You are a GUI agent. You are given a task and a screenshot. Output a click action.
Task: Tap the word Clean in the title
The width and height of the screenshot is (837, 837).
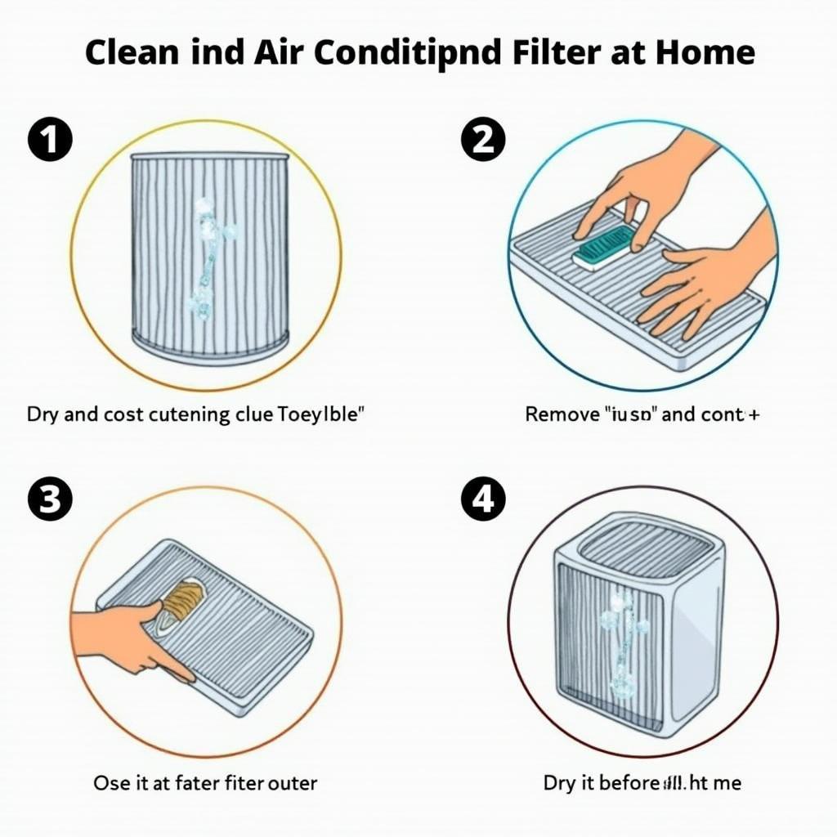point(132,53)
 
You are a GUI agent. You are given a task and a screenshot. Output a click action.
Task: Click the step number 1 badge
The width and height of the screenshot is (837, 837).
point(50,141)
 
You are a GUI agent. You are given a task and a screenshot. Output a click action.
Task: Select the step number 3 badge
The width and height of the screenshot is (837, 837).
point(50,500)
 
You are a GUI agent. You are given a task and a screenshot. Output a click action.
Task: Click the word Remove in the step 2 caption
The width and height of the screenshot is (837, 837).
point(562,414)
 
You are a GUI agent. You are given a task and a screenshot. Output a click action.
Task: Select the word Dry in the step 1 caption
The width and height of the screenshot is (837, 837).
point(43,414)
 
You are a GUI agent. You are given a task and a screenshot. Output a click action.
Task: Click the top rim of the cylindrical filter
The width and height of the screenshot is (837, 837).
point(209,155)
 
